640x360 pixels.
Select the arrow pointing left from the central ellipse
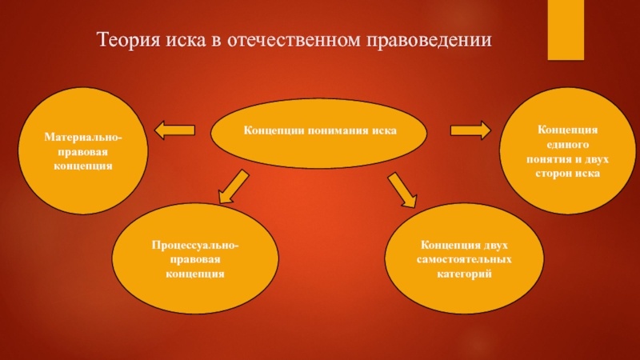pyautogui.click(x=174, y=130)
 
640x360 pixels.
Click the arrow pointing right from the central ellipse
pyautogui.click(x=470, y=129)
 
